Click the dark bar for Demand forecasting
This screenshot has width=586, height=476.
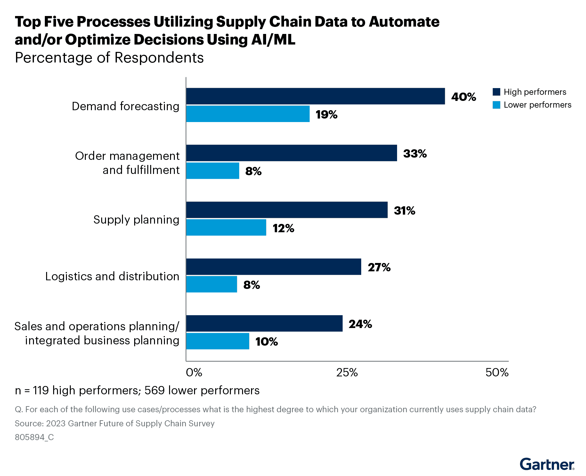[315, 96]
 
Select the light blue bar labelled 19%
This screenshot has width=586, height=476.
[248, 114]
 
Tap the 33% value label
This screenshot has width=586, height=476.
[415, 153]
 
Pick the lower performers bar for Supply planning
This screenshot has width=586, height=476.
[226, 227]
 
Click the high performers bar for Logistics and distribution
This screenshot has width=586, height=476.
[273, 267]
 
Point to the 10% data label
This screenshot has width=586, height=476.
[266, 341]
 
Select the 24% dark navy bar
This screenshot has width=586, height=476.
[264, 323]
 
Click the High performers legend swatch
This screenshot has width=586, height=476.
[496, 92]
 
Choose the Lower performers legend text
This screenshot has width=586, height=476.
[537, 105]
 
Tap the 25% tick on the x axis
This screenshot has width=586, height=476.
[347, 372]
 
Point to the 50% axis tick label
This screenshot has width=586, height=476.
[497, 372]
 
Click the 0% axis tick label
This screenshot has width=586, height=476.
[194, 372]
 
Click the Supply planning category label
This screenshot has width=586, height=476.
[136, 220]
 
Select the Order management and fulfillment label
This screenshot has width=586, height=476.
[127, 163]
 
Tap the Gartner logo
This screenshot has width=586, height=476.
[547, 464]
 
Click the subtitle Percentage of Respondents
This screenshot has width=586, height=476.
[109, 58]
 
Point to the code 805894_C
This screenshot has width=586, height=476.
[34, 437]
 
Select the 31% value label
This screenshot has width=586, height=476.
[404, 210]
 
